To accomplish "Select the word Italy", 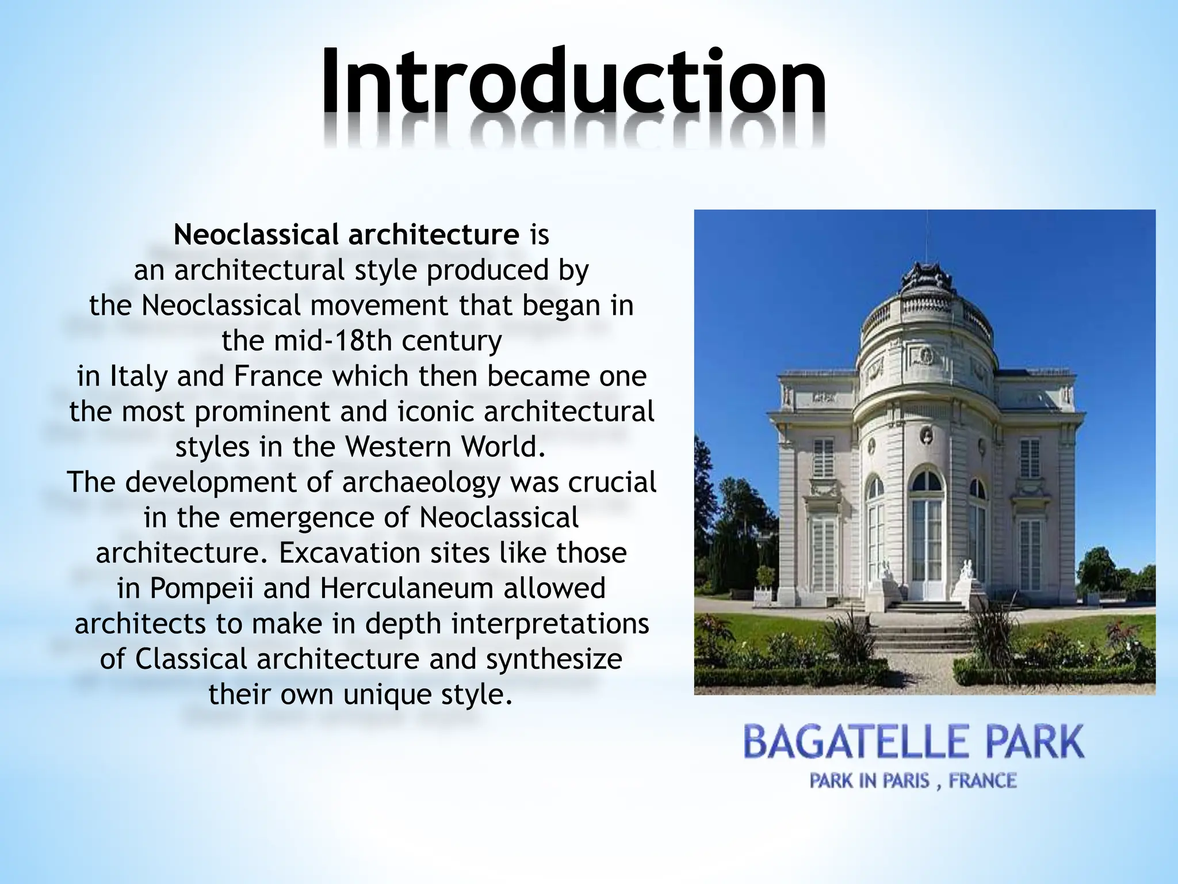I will pyautogui.click(x=138, y=376).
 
